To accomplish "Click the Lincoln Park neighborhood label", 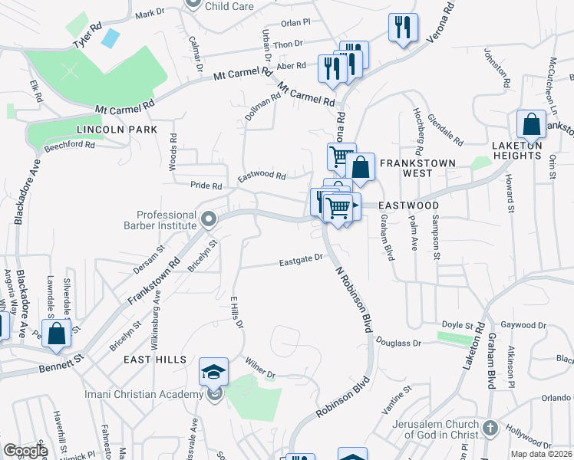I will (x=116, y=130).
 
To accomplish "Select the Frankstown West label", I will (x=417, y=163).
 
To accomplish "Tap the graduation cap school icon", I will (x=214, y=372).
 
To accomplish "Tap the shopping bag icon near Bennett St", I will (x=57, y=333).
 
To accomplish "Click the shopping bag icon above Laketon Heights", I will (x=531, y=124).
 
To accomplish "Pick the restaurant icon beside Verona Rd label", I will (x=403, y=28).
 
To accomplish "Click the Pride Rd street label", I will (x=206, y=186).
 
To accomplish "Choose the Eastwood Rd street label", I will (x=262, y=176).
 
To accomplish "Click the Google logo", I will (x=25, y=451).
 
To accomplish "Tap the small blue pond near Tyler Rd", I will (x=110, y=38).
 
